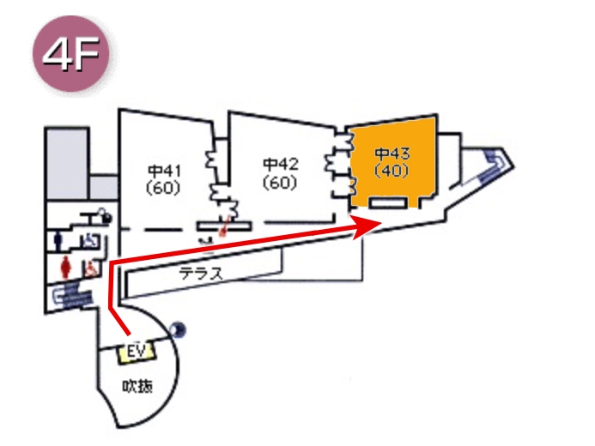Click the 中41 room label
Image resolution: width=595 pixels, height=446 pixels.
coord(162,168)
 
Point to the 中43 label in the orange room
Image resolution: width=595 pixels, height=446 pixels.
coord(392,154)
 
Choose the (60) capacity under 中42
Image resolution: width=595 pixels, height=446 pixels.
coord(280,181)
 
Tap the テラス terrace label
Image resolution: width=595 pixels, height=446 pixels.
coord(201,274)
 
